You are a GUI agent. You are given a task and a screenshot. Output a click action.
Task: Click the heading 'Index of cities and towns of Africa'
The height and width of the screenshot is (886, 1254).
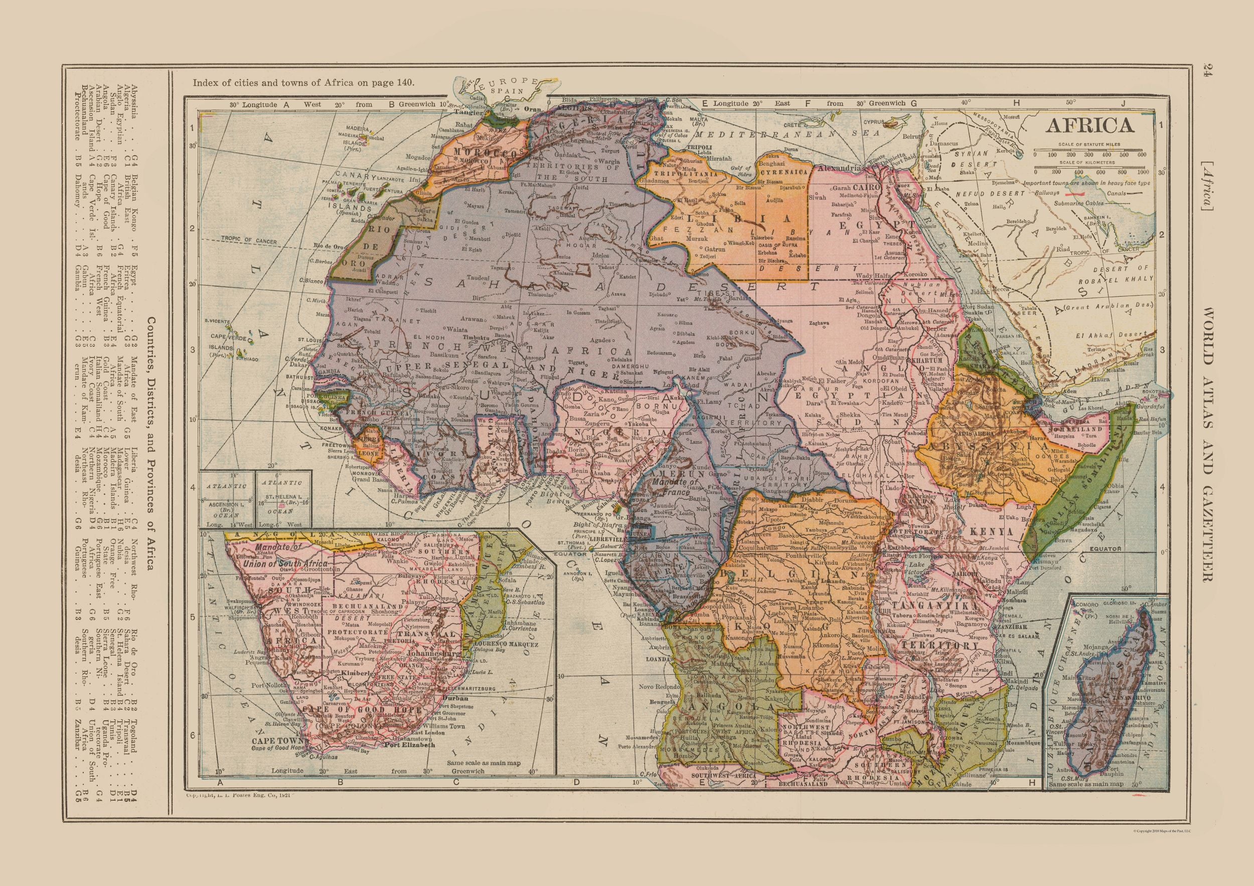[303, 83]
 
